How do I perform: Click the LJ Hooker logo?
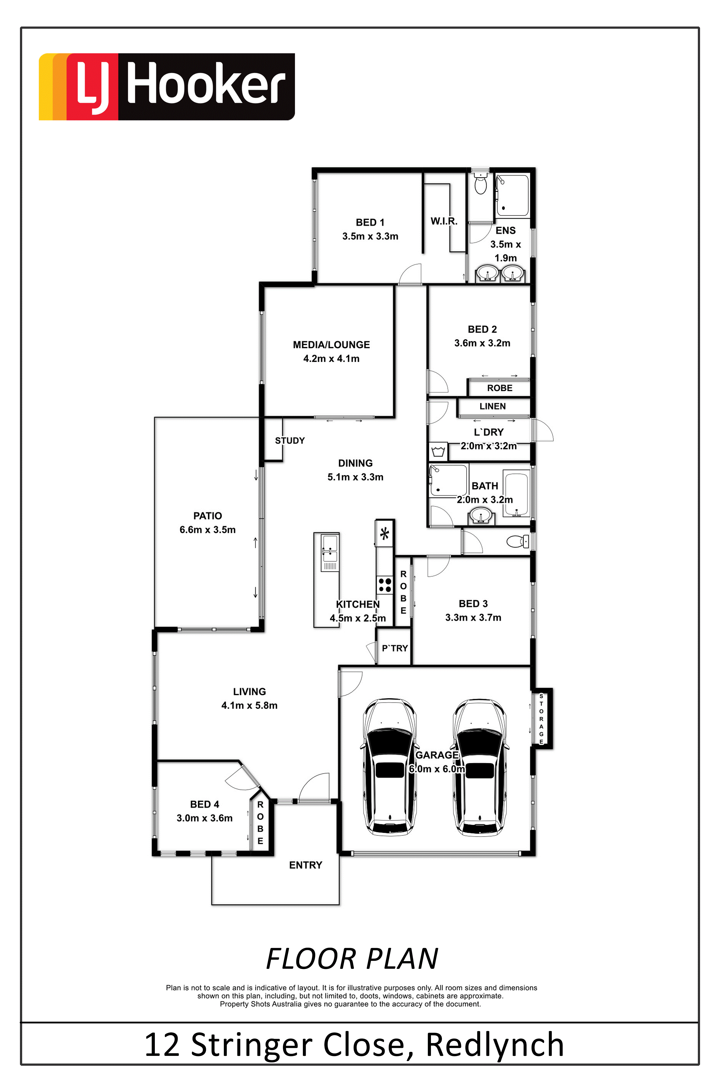pyautogui.click(x=167, y=87)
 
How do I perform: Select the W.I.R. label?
pyautogui.click(x=444, y=221)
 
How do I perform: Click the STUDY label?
pyautogui.click(x=290, y=441)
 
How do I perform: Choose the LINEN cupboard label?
pyautogui.click(x=493, y=406)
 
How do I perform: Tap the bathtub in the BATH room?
pyautogui.click(x=516, y=494)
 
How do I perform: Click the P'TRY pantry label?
pyautogui.click(x=395, y=648)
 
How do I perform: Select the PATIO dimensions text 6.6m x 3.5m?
pyautogui.click(x=207, y=530)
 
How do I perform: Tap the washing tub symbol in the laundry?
pyautogui.click(x=438, y=451)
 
